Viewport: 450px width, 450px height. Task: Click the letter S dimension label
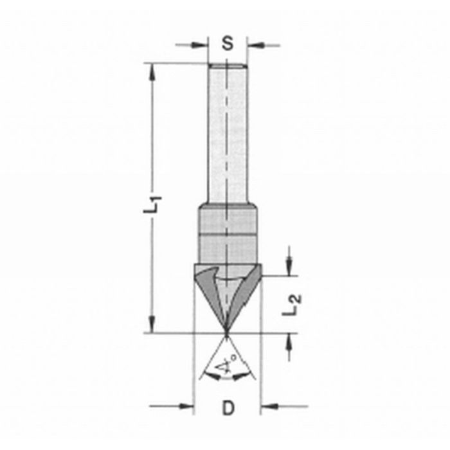[228, 44]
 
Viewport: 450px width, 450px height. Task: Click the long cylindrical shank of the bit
[228, 135]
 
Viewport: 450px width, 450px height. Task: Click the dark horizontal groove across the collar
[228, 236]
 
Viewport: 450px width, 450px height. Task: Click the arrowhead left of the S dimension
[204, 45]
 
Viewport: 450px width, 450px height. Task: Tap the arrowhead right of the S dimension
[253, 45]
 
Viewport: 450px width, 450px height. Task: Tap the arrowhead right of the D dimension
[266, 406]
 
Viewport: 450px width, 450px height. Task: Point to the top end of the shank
[228, 64]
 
